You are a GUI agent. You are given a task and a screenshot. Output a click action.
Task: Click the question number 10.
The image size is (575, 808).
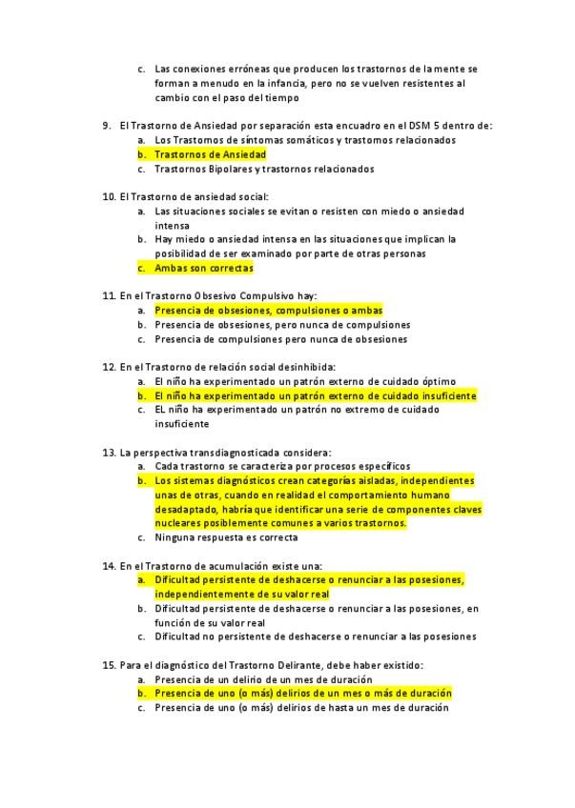point(108,196)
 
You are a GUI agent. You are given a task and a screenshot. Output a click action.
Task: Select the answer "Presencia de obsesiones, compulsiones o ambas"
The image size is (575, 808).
point(268,311)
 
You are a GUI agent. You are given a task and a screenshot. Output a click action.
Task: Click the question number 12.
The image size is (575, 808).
point(108,367)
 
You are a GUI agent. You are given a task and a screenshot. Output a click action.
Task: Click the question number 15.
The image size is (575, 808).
point(108,665)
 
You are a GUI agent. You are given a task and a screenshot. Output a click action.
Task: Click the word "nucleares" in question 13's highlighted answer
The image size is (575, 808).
point(176,523)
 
